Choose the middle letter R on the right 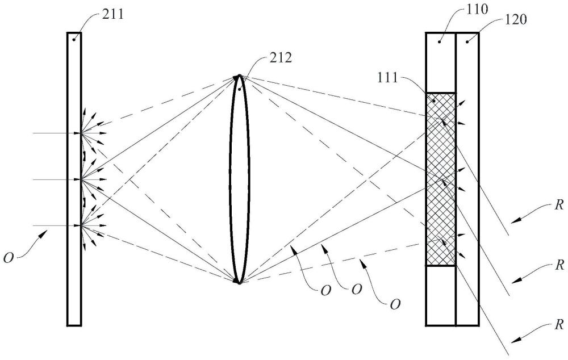tap(559, 265)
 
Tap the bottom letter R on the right tap(559, 325)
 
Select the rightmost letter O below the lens tap(395, 305)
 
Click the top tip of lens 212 tap(240, 76)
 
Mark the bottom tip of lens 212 tap(240, 282)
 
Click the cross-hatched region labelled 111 tap(441, 179)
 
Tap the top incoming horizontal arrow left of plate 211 tap(57, 133)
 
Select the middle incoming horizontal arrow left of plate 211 tap(57, 179)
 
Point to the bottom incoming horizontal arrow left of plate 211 tap(57, 225)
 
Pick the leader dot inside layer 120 tap(467, 41)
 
